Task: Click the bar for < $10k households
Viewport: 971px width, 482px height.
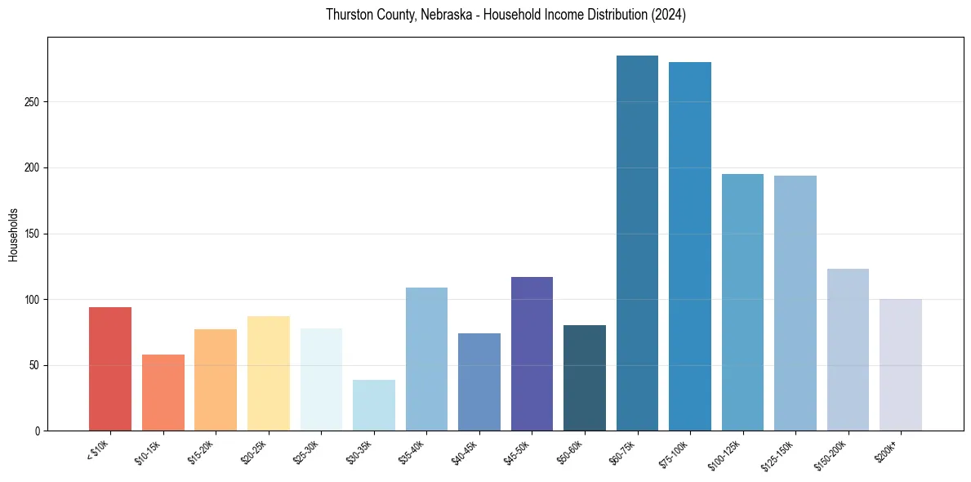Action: click(110, 368)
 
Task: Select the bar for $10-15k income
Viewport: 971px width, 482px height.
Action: click(163, 392)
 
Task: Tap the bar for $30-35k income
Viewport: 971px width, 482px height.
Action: click(374, 405)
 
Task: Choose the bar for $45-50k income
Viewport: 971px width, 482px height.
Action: click(532, 354)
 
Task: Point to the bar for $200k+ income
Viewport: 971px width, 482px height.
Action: click(901, 364)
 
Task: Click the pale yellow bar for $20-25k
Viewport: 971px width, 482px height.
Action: click(269, 373)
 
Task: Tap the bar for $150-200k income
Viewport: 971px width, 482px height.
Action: click(848, 350)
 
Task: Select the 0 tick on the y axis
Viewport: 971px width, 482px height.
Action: click(36, 431)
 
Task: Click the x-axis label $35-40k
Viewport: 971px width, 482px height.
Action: click(412, 452)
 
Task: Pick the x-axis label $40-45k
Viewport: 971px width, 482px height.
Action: click(464, 452)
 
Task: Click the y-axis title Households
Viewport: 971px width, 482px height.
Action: click(13, 234)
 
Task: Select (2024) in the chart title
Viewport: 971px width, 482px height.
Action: click(668, 15)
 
